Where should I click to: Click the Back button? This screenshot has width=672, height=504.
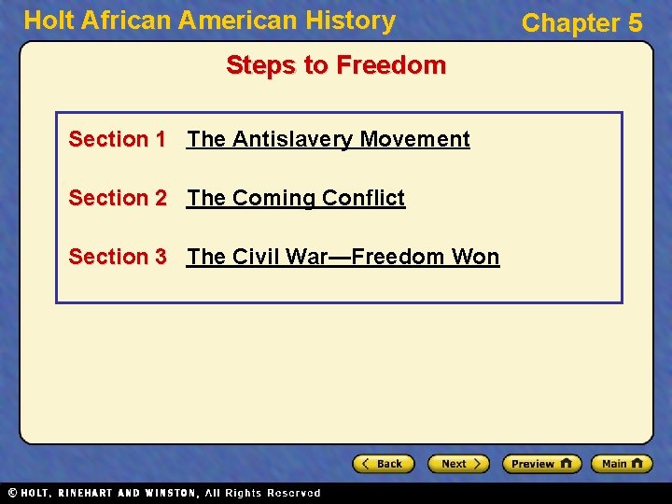pyautogui.click(x=383, y=464)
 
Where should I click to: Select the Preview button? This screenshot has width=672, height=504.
pyautogui.click(x=541, y=464)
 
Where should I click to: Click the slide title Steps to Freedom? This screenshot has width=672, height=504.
pyautogui.click(x=336, y=65)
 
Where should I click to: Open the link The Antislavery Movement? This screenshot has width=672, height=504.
pyautogui.click(x=329, y=139)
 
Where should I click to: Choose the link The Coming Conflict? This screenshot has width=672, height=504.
pyautogui.click(x=296, y=198)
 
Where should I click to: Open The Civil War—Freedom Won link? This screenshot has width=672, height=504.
pyautogui.click(x=343, y=257)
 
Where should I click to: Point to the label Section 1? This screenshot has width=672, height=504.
pyautogui.click(x=117, y=139)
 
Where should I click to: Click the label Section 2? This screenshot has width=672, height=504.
pyautogui.click(x=117, y=198)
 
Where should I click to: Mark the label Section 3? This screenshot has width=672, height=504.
pyautogui.click(x=117, y=257)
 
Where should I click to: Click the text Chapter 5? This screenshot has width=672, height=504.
pyautogui.click(x=582, y=22)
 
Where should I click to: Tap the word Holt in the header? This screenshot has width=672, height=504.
pyautogui.click(x=47, y=21)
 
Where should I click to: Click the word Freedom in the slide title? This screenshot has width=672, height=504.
pyautogui.click(x=391, y=65)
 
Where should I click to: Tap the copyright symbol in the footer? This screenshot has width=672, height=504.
pyautogui.click(x=11, y=493)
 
